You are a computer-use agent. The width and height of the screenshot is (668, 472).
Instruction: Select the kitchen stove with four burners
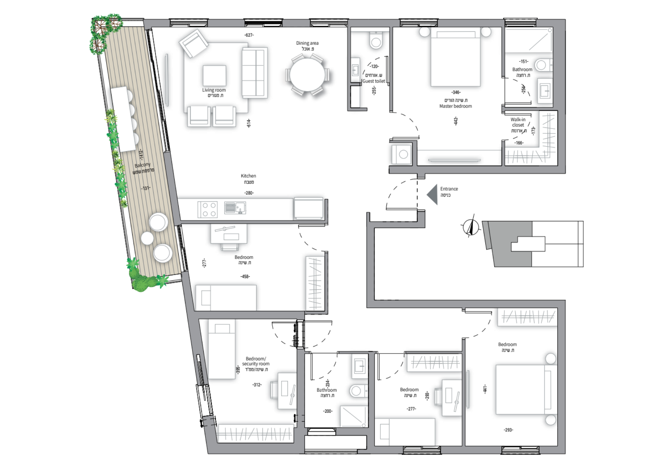(x=207, y=209)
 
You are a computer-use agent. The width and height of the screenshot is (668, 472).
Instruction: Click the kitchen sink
(x=235, y=208)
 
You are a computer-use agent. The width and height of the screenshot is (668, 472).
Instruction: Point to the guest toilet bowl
(x=376, y=40)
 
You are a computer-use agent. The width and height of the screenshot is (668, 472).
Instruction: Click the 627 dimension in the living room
(x=249, y=35)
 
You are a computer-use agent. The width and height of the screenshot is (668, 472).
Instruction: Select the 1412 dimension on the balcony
(x=141, y=155)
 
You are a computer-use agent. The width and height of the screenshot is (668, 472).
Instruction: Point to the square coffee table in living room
(x=214, y=76)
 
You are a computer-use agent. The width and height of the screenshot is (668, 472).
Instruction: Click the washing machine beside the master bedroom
(x=402, y=154)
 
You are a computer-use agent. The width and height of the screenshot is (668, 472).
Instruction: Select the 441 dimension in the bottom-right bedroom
(x=485, y=389)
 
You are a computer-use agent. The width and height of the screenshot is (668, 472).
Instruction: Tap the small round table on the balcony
(x=147, y=238)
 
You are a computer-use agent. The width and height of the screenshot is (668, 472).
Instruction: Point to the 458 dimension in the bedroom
(x=245, y=276)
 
